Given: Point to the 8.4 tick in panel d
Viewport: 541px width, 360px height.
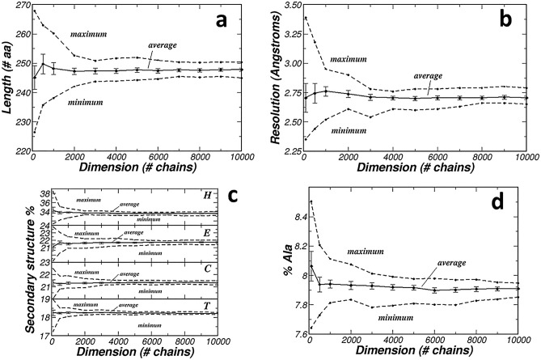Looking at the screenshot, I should point(294,217).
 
